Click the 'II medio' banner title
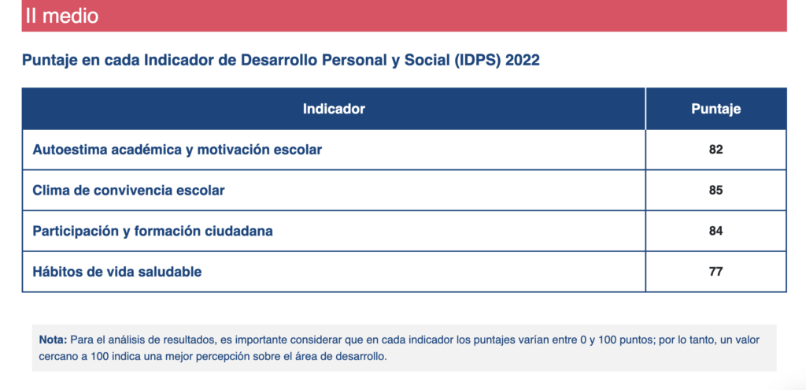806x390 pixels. coord(61,16)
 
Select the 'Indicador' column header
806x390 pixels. coord(334,109)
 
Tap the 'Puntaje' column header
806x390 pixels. coord(716,109)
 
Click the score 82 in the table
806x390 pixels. coord(716,150)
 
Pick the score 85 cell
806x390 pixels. coord(716,191)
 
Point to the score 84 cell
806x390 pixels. coord(716,231)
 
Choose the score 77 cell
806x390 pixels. coord(716,272)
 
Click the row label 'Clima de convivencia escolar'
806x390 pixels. coord(128,191)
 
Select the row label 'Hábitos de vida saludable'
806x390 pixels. coord(117,272)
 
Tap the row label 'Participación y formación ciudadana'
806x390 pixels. coord(153,232)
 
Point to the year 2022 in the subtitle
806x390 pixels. coord(523,60)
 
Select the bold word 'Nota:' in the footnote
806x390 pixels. coord(53,340)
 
